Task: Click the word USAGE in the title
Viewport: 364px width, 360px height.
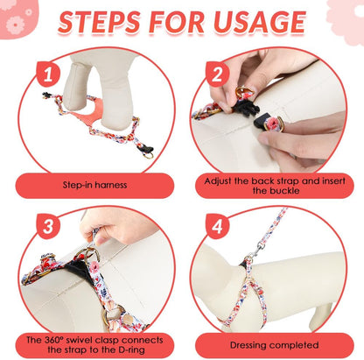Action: [x=264, y=23]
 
